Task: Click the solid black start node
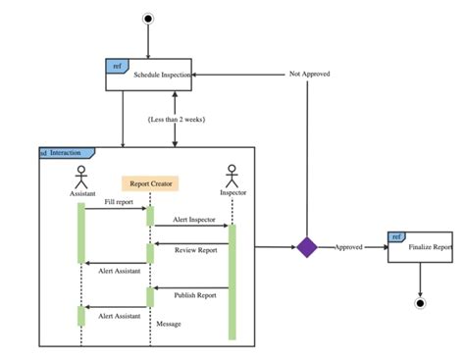pyautogui.click(x=148, y=18)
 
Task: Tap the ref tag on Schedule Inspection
pyautogui.click(x=117, y=66)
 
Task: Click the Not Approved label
pyautogui.click(x=308, y=74)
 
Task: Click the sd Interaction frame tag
pyautogui.click(x=65, y=153)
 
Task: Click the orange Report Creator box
pyautogui.click(x=150, y=182)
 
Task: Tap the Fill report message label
pyautogui.click(x=119, y=202)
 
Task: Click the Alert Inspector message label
pyautogui.click(x=193, y=220)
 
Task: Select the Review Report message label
pyautogui.click(x=195, y=249)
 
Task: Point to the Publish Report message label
pyautogui.click(x=195, y=293)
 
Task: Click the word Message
pyautogui.click(x=168, y=323)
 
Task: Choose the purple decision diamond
pyautogui.click(x=308, y=247)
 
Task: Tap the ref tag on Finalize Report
pyautogui.click(x=395, y=236)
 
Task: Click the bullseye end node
pyautogui.click(x=420, y=303)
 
